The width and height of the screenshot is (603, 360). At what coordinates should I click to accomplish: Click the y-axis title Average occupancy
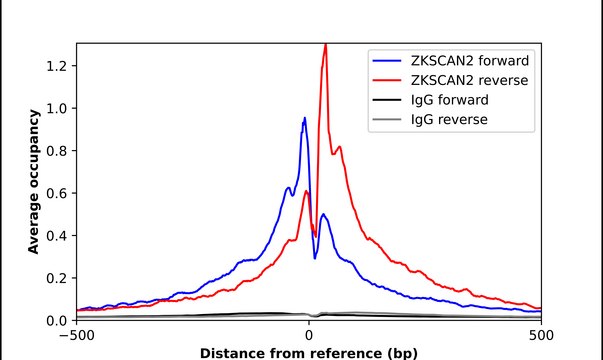pyautogui.click(x=33, y=182)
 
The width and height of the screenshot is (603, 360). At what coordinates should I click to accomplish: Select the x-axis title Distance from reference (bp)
pyautogui.click(x=308, y=352)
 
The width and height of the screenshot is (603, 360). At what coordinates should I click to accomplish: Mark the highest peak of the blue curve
pyautogui.click(x=304, y=118)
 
